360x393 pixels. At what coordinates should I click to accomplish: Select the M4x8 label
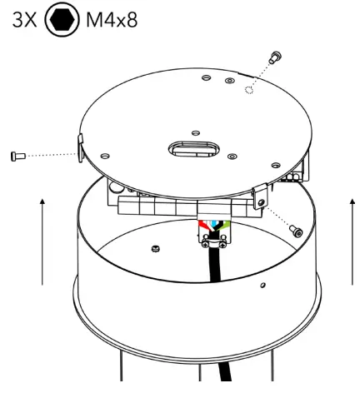click(x=112, y=19)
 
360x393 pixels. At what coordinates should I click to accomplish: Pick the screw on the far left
click(x=17, y=155)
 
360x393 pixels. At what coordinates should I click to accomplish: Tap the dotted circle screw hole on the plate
click(x=248, y=90)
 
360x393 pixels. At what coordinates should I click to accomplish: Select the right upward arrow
click(x=352, y=241)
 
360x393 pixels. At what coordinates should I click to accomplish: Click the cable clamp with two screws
click(x=213, y=242)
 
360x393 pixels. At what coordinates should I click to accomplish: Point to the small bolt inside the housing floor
click(x=156, y=247)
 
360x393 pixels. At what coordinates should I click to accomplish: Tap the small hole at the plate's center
click(x=194, y=131)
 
